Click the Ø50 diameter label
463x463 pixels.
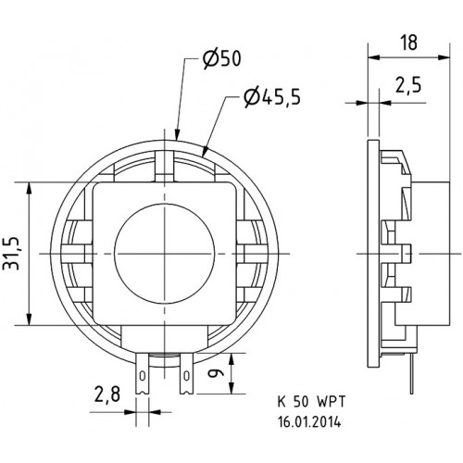[x=221, y=58]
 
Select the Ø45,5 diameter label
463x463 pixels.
[x=271, y=97]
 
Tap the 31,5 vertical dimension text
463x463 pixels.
[x=13, y=254]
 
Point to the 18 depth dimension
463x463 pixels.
[x=409, y=43]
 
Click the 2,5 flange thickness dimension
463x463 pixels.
[x=408, y=85]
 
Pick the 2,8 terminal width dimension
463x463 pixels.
[x=107, y=394]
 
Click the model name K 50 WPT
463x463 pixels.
[x=311, y=402]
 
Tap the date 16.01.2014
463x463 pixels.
[x=309, y=422]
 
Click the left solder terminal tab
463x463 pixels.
[x=143, y=373]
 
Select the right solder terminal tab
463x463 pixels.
[x=186, y=373]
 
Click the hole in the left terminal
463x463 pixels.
[x=143, y=377]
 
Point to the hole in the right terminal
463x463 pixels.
[x=186, y=377]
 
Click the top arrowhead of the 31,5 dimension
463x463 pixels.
[x=30, y=188]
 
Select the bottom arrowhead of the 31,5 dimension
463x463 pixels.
[x=30, y=319]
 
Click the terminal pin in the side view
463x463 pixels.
[x=412, y=373]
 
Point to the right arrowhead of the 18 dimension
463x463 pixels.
[x=444, y=57]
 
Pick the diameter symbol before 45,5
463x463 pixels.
[x=251, y=97]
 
